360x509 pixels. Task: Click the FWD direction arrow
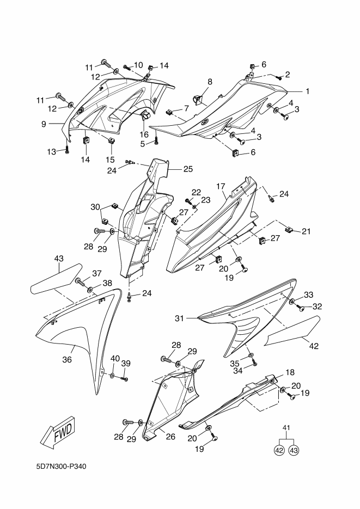coord(59,433)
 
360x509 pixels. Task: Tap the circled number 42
coord(279,451)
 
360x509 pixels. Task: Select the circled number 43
coord(294,451)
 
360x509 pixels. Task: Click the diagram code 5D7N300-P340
coord(62,467)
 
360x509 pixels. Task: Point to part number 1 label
coord(307,91)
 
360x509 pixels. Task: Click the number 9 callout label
coord(44,124)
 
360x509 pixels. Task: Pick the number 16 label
coord(144,134)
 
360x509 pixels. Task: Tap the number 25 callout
coord(188,169)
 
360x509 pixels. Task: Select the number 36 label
coord(67,359)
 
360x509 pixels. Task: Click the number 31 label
coord(179,318)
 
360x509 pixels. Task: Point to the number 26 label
coord(170,437)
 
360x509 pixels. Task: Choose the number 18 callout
coord(290,372)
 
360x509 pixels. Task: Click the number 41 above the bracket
coord(286,427)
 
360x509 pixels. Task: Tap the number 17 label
coord(221,186)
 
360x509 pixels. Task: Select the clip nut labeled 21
coord(289,230)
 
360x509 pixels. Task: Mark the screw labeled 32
coord(299,307)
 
